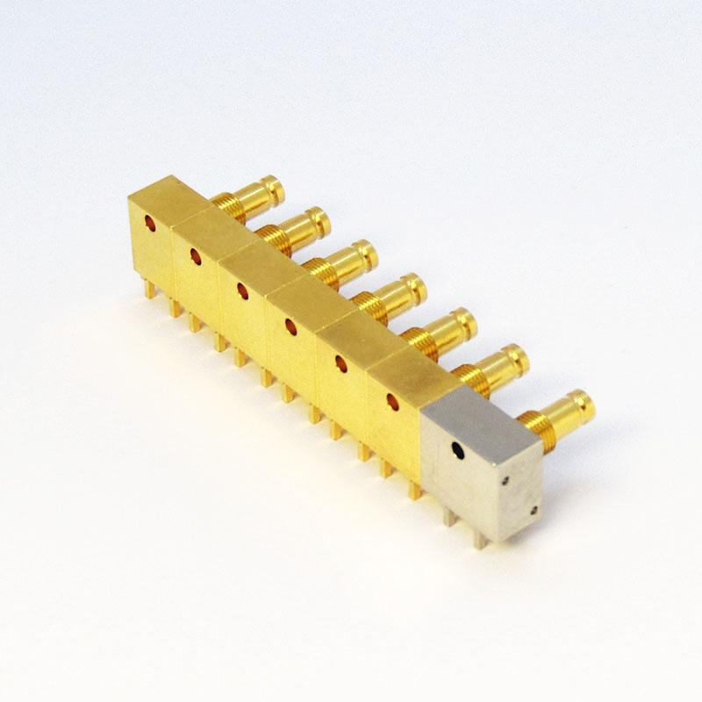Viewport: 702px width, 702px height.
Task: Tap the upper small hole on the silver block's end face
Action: click(507, 480)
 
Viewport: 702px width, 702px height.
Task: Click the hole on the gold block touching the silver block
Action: click(392, 402)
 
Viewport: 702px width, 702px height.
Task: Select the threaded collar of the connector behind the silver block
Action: click(538, 433)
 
